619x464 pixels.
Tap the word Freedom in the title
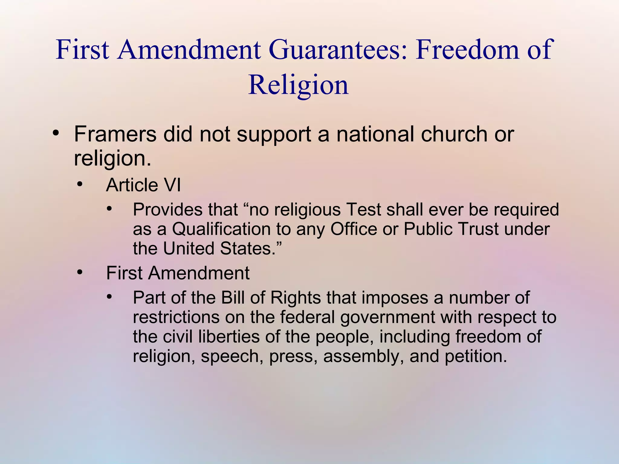pos(467,50)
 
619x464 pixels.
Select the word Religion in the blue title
pos(298,85)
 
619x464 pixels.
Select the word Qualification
pos(221,229)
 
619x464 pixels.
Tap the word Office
pos(354,229)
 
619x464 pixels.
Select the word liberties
pos(229,337)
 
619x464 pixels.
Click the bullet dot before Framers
pos(55,133)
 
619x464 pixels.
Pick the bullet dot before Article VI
pos(79,184)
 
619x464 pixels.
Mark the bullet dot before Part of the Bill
pos(109,297)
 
